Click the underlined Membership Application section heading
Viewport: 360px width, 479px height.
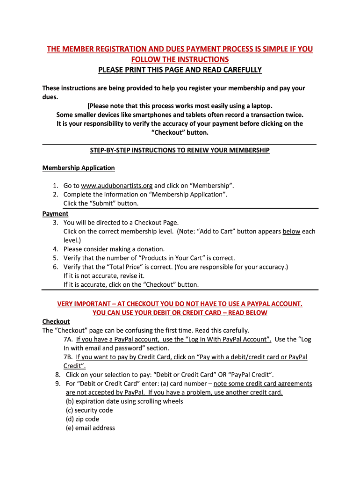click(79, 168)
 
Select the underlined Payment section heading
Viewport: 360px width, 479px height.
click(55, 214)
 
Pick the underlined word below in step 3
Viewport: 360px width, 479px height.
click(291, 232)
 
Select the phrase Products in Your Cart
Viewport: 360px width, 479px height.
click(170, 258)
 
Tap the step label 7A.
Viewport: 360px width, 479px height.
click(69, 340)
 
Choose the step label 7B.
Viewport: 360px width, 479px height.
click(69, 357)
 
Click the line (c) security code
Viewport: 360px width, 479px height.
click(89, 410)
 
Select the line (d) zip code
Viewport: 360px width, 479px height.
click(82, 419)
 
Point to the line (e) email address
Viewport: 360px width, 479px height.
click(90, 428)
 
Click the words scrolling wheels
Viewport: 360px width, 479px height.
click(162, 401)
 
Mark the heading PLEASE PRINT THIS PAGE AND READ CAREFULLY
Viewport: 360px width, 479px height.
click(180, 70)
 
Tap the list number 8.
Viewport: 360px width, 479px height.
click(58, 375)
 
